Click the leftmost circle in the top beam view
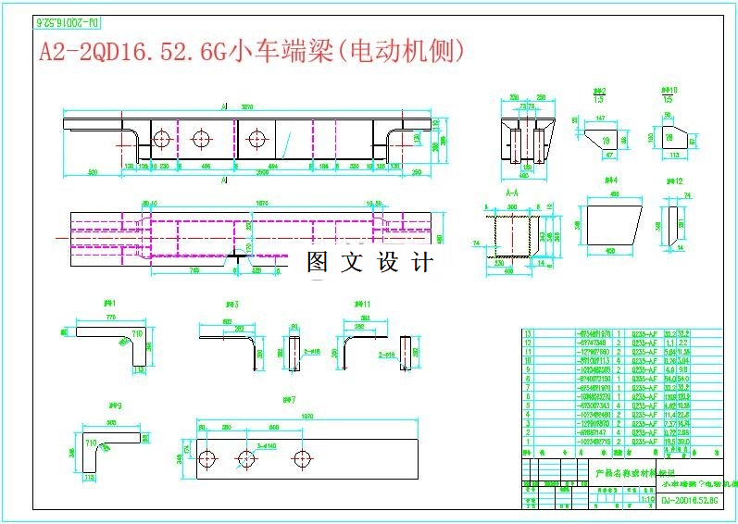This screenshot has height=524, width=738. [162, 140]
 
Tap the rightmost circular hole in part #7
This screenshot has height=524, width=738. [301, 458]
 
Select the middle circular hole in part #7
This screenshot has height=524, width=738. [246, 458]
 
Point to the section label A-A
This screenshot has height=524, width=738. [511, 193]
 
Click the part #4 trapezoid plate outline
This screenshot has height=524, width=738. [611, 223]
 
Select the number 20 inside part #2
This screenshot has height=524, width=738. [607, 140]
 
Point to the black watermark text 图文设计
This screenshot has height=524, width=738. [369, 263]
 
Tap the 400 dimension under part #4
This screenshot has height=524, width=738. [610, 250]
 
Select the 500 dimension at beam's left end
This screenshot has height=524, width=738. [93, 173]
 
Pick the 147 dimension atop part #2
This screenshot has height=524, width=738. [600, 119]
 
